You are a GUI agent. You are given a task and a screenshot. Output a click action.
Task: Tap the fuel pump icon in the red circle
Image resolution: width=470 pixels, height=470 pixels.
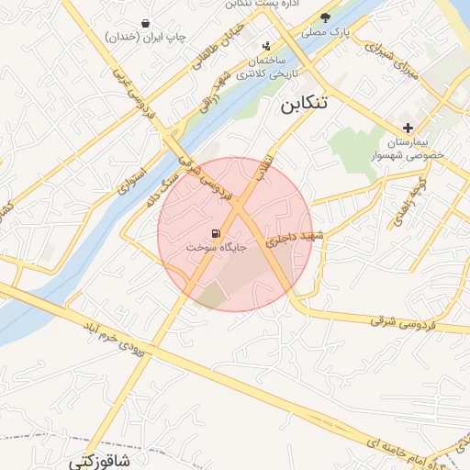[x=216, y=233]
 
